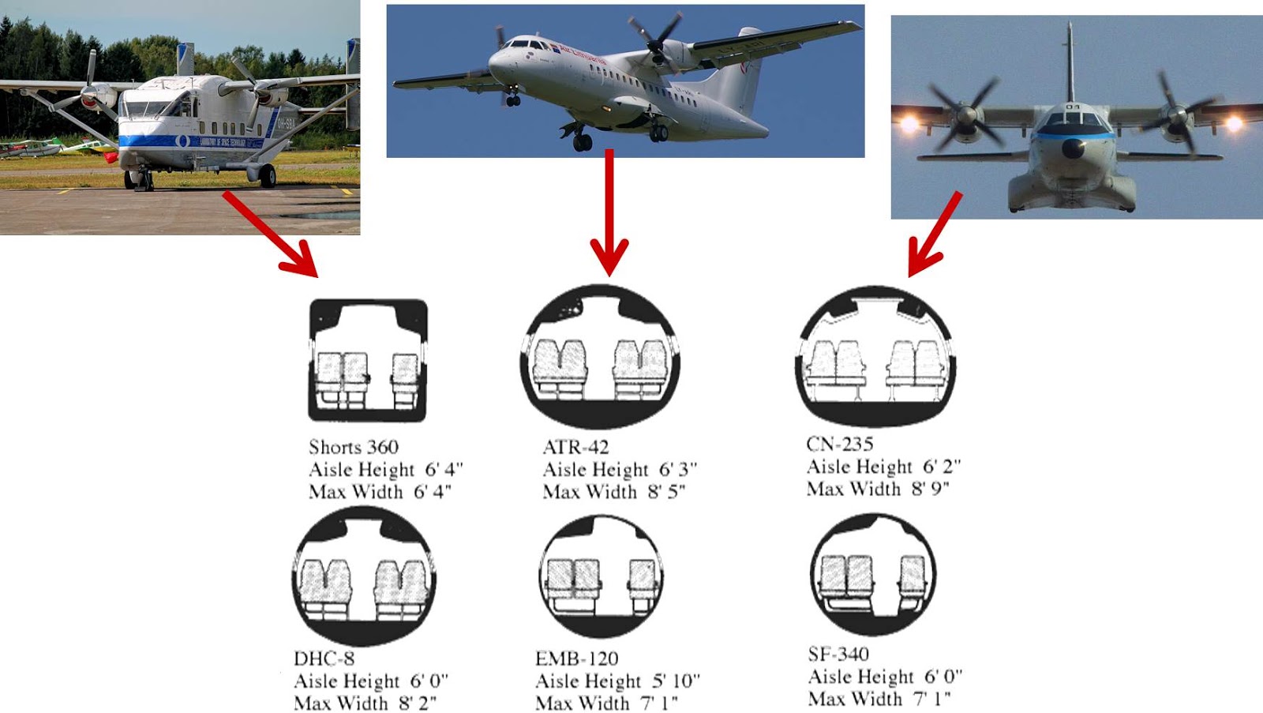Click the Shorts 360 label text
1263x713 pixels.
[x=354, y=447]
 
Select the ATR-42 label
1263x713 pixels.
[x=575, y=447]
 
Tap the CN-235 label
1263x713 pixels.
[x=839, y=444]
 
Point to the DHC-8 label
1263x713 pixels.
[x=324, y=659]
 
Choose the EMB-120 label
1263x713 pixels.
[x=576, y=659]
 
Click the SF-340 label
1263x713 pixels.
[x=838, y=654]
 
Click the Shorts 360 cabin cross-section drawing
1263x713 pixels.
[x=368, y=360]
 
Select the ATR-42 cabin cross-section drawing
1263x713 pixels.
[x=600, y=358]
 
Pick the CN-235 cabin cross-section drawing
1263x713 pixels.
[x=875, y=356]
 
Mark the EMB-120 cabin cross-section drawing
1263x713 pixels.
[x=601, y=576]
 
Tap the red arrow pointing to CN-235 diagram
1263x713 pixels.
[x=935, y=233]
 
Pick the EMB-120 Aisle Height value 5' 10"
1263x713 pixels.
[x=676, y=681]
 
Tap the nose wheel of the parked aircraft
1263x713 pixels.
[x=144, y=181]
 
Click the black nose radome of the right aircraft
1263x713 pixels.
[x=1072, y=148]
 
